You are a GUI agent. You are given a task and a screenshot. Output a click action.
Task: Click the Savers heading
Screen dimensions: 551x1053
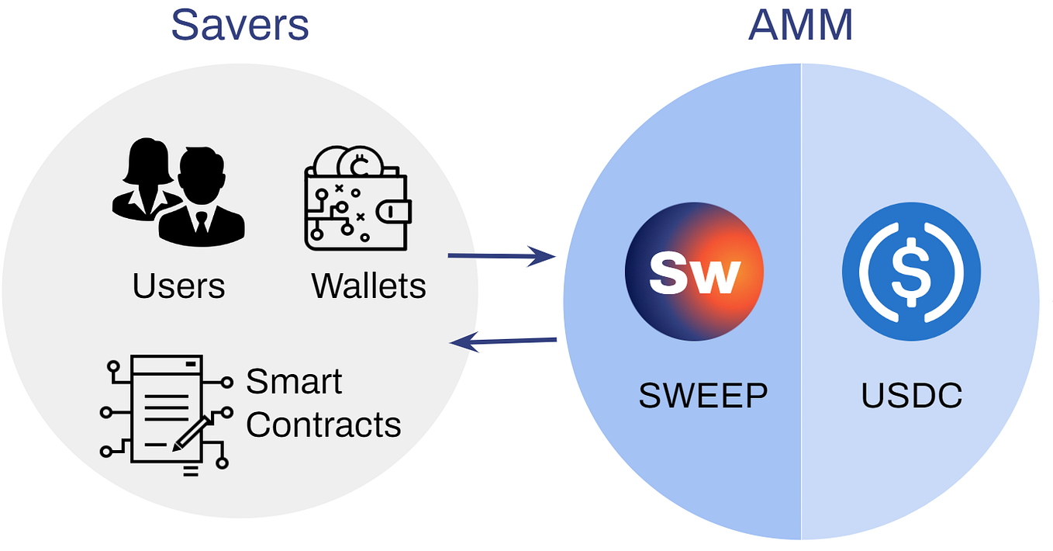tap(240, 25)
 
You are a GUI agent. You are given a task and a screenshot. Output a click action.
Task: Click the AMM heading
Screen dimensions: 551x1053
tap(800, 25)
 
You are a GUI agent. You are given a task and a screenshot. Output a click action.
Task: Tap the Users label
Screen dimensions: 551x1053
tap(178, 286)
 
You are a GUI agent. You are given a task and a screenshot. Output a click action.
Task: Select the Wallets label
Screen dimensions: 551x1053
tap(368, 286)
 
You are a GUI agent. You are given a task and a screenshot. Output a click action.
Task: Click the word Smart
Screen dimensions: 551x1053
tap(294, 382)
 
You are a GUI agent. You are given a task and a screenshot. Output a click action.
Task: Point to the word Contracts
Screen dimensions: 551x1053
tap(323, 425)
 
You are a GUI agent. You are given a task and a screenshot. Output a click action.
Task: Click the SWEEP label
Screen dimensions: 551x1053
tap(703, 396)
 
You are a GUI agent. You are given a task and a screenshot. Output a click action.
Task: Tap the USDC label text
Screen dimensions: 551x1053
tap(912, 396)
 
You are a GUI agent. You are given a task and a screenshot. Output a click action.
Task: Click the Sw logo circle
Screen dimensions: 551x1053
tap(694, 272)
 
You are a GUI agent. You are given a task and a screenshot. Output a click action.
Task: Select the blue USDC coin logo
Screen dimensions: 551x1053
tap(911, 272)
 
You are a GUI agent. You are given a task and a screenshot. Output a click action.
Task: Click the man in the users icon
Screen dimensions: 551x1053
tap(202, 198)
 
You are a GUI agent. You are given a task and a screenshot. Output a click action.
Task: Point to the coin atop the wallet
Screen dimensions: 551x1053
tap(359, 162)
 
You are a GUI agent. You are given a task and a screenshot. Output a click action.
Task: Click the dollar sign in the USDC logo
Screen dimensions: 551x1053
tap(911, 272)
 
